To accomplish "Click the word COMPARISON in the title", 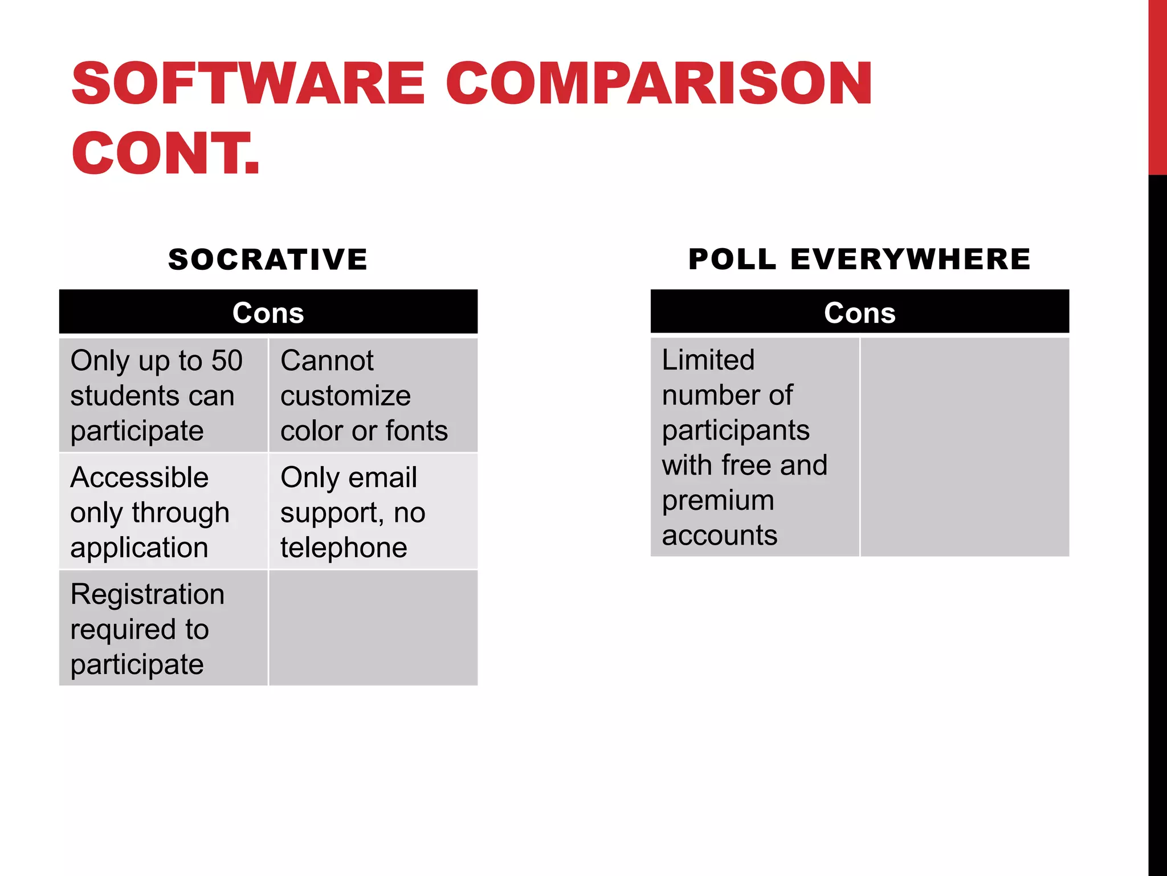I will click(658, 84).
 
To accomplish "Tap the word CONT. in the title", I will click(165, 153).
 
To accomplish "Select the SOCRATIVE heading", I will click(268, 259).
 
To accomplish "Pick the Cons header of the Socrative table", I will click(268, 313).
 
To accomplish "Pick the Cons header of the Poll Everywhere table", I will click(859, 313).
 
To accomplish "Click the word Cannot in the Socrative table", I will click(327, 360).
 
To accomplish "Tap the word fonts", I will click(417, 431).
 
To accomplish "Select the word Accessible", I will click(139, 477).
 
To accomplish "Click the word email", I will click(382, 477).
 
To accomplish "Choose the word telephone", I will click(344, 547).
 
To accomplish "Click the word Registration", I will click(147, 594).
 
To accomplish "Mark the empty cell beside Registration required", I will click(373, 628).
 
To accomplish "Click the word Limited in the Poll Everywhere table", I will click(708, 360).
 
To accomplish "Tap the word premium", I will click(718, 501).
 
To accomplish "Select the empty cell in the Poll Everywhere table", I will click(964, 447).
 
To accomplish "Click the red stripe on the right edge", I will click(1157, 86).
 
